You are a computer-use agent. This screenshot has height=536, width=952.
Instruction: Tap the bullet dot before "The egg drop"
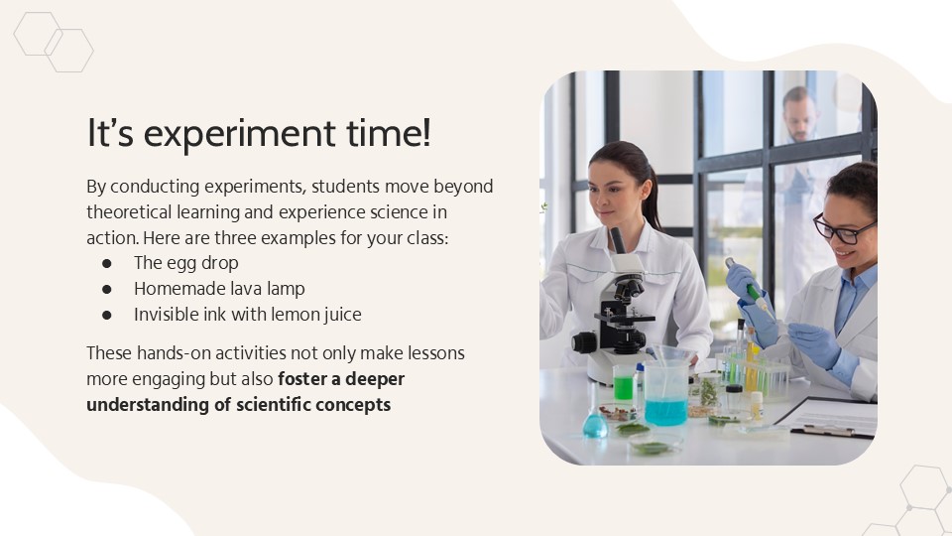coord(107,263)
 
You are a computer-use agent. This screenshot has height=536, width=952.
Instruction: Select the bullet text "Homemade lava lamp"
coord(219,289)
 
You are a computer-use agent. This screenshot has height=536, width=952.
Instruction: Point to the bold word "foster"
coord(305,379)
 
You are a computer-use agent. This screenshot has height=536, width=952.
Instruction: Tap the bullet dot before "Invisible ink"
coord(107,315)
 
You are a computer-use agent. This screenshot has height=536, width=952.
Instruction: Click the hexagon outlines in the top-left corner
coord(54,42)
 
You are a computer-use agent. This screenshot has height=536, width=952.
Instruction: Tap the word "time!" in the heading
coord(396,134)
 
